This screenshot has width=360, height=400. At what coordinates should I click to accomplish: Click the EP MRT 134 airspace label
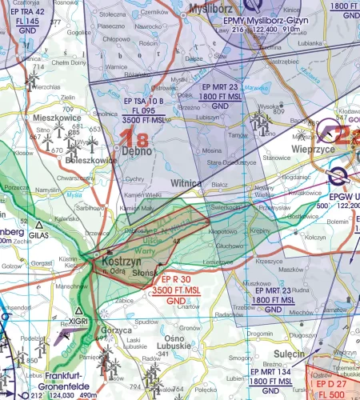[272, 372]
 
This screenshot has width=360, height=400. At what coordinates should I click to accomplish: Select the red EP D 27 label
[336, 386]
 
